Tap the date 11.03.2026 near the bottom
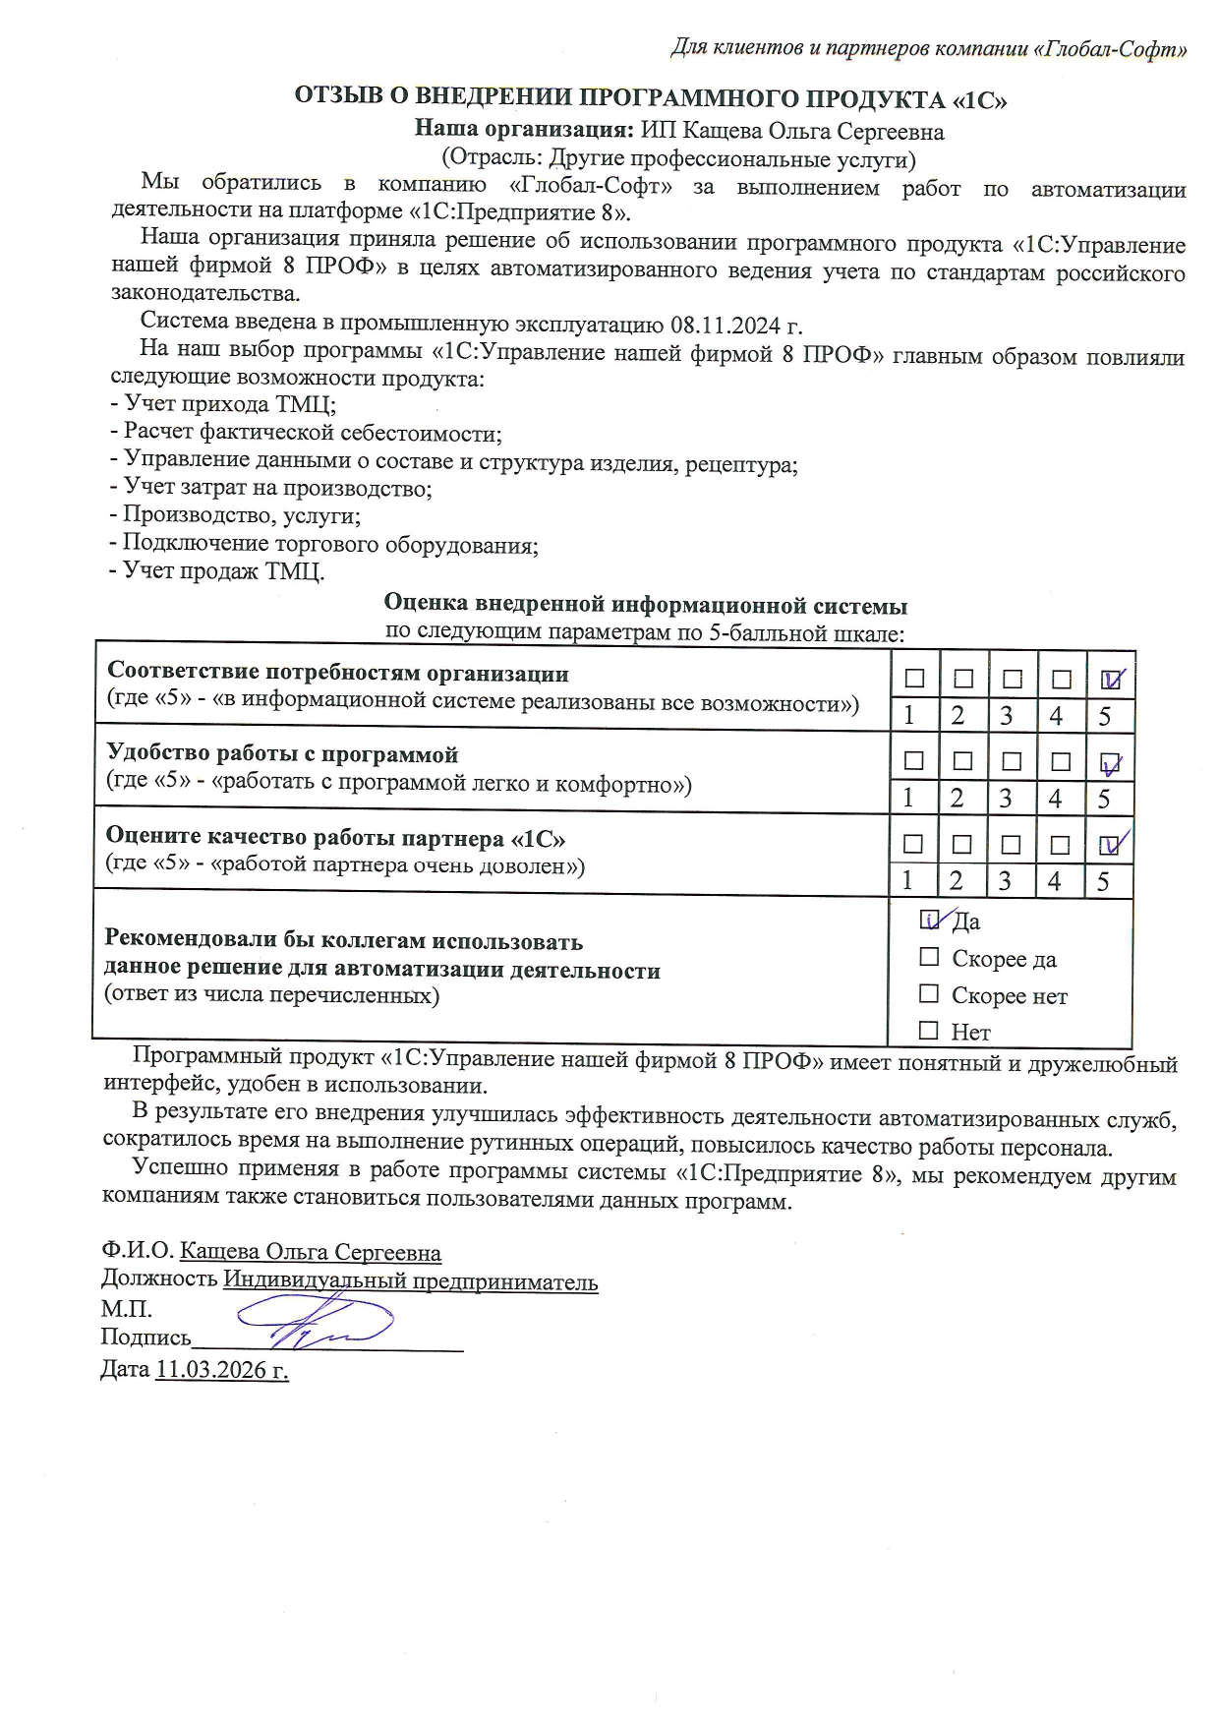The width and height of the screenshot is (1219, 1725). coord(221,1370)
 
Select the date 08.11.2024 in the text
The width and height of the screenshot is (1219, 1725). coord(726,326)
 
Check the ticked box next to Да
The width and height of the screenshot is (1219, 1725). coord(929,920)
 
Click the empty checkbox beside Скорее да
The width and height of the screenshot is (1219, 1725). coord(929,957)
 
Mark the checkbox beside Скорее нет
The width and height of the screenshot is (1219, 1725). coord(929,994)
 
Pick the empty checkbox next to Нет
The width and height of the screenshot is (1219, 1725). coord(929,1031)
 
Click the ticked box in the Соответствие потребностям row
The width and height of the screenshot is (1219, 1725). coord(1112,679)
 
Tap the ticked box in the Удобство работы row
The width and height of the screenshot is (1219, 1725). coord(1111,762)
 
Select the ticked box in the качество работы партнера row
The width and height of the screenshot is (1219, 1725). coord(1110,844)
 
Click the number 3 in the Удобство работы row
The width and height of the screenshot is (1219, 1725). coord(1006,798)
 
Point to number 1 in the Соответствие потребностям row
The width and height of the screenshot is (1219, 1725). coord(909,715)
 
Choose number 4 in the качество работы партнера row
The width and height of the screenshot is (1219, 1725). coord(1055,880)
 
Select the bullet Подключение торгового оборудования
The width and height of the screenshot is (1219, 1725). coord(324,543)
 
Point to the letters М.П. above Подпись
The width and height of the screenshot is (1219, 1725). coord(127,1309)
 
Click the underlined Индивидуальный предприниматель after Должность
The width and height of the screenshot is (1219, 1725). coord(410,1281)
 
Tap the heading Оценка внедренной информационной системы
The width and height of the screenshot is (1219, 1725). coord(645,604)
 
